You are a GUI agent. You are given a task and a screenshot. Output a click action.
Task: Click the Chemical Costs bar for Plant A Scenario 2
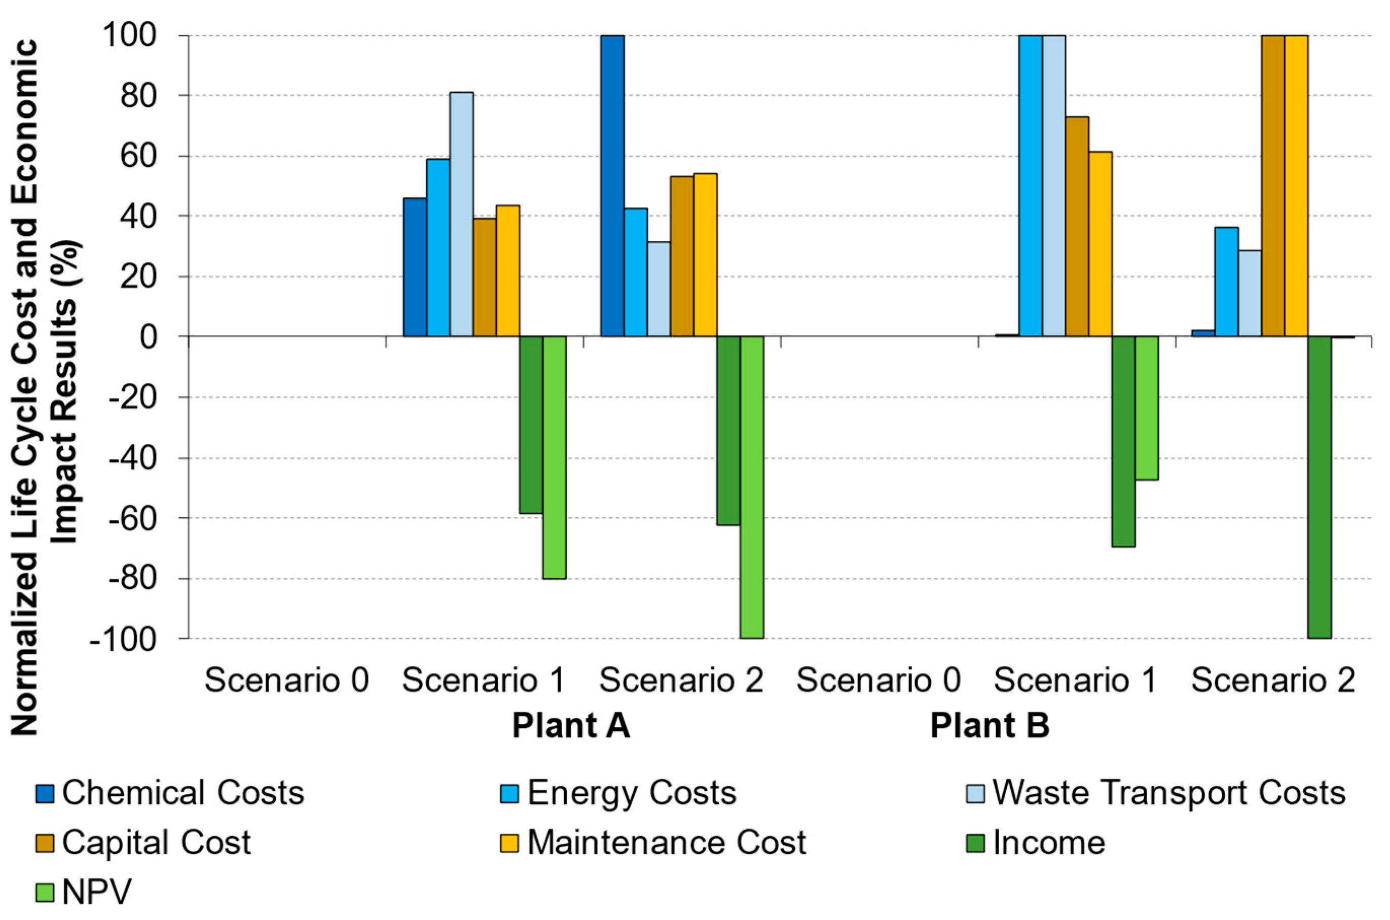pos(612,186)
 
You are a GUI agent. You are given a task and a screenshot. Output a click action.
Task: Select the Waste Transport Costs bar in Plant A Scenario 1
pos(462,214)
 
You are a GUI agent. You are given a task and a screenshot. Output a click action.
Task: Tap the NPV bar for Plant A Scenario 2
pos(751,487)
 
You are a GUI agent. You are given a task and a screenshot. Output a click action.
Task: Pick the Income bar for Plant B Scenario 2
pos(1319,487)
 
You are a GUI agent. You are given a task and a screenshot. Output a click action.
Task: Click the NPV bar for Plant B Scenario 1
pos(1147,408)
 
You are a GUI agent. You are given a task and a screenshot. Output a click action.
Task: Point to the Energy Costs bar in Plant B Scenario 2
pos(1226,281)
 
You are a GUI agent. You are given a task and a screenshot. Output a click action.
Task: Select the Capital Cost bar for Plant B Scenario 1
pos(1077,227)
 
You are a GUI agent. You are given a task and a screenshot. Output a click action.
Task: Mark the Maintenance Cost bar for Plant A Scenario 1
pos(508,270)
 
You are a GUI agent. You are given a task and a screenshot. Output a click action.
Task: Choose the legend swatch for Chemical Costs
pos(45,794)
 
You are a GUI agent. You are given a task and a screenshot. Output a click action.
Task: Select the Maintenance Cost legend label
pos(666,843)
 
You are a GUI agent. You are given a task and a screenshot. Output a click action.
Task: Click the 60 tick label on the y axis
pos(139,156)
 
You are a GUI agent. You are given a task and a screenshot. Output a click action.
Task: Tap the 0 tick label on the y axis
pos(149,337)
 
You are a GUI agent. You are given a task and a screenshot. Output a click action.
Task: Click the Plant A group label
pos(571,726)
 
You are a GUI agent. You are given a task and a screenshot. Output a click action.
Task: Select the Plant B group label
pos(990,726)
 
